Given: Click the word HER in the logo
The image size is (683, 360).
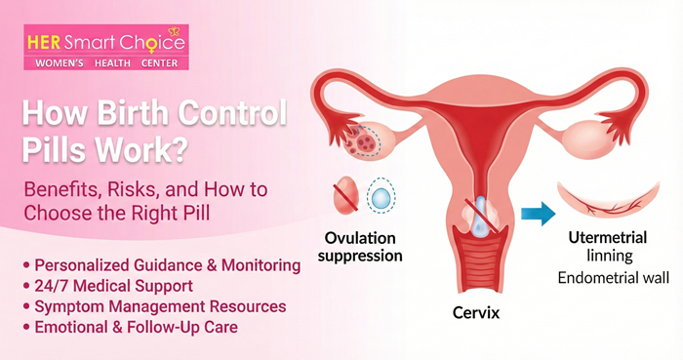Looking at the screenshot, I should pos(44,43).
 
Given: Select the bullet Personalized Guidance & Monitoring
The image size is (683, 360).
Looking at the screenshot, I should pos(166,264).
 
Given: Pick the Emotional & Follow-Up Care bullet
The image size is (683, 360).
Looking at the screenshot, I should pos(136,328).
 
